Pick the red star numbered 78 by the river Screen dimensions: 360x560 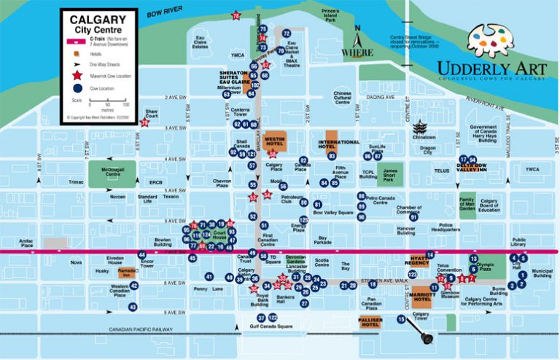pos(236,15)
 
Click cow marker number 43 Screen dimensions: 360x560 pos(133,308)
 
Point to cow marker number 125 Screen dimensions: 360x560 pos(304,219)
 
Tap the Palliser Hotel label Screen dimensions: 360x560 pos(370,322)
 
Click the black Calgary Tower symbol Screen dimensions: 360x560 pos(427,338)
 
